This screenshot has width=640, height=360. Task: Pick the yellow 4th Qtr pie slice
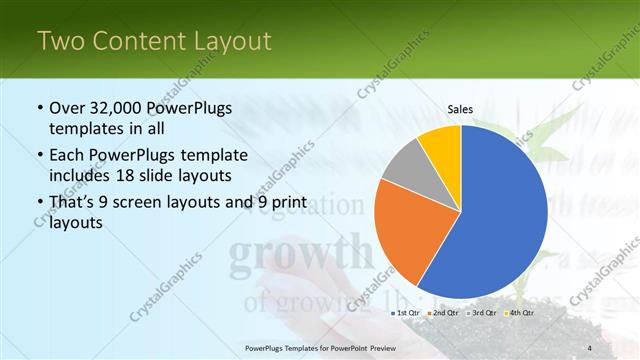coord(441,146)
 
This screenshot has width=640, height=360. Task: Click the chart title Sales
coord(460,109)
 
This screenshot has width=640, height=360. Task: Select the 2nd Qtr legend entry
coord(446,313)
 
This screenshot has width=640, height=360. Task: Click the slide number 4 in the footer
coord(589,347)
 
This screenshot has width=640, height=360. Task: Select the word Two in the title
coord(60,41)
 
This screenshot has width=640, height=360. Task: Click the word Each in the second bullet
coord(68,155)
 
